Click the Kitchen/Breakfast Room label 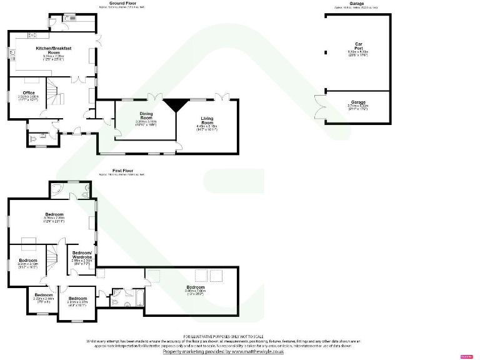pos(53,49)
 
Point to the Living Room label pos(207,119)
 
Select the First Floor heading pos(123,170)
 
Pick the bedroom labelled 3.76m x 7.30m pos(54,214)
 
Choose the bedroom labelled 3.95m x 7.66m pos(195,287)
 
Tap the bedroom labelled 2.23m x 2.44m pos(44,296)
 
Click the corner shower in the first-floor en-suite pos(56,189)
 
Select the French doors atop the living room pos(222,97)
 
